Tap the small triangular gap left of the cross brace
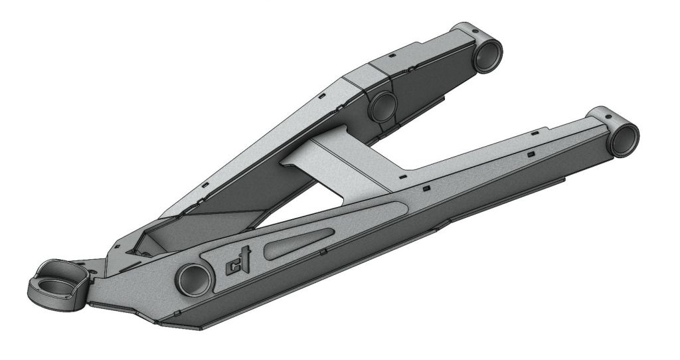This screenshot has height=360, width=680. pos(290,159)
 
